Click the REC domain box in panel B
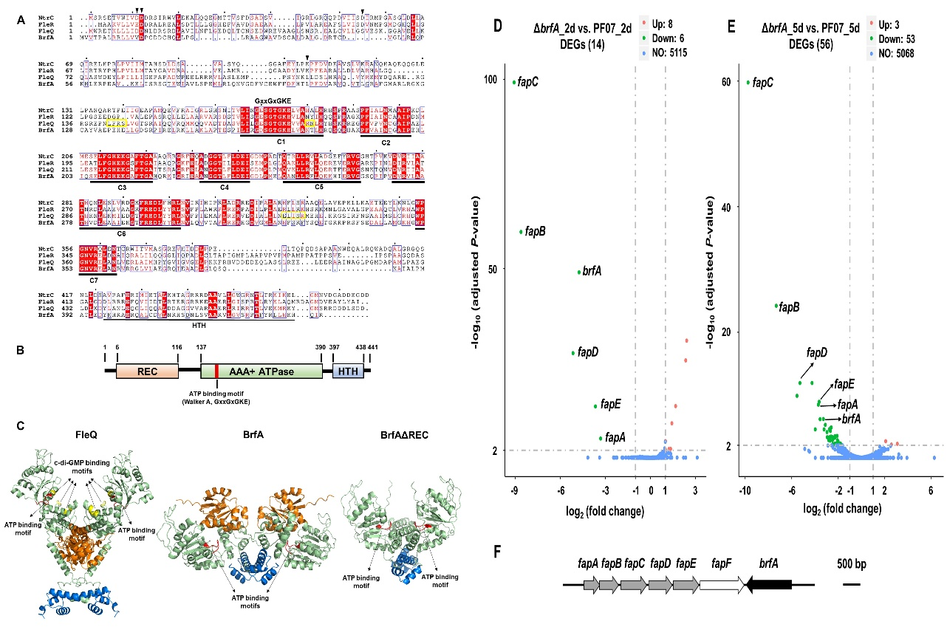coord(148,369)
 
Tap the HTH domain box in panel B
coord(347,369)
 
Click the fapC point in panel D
coord(513,82)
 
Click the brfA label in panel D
coord(592,271)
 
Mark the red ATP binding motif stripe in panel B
coord(217,369)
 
